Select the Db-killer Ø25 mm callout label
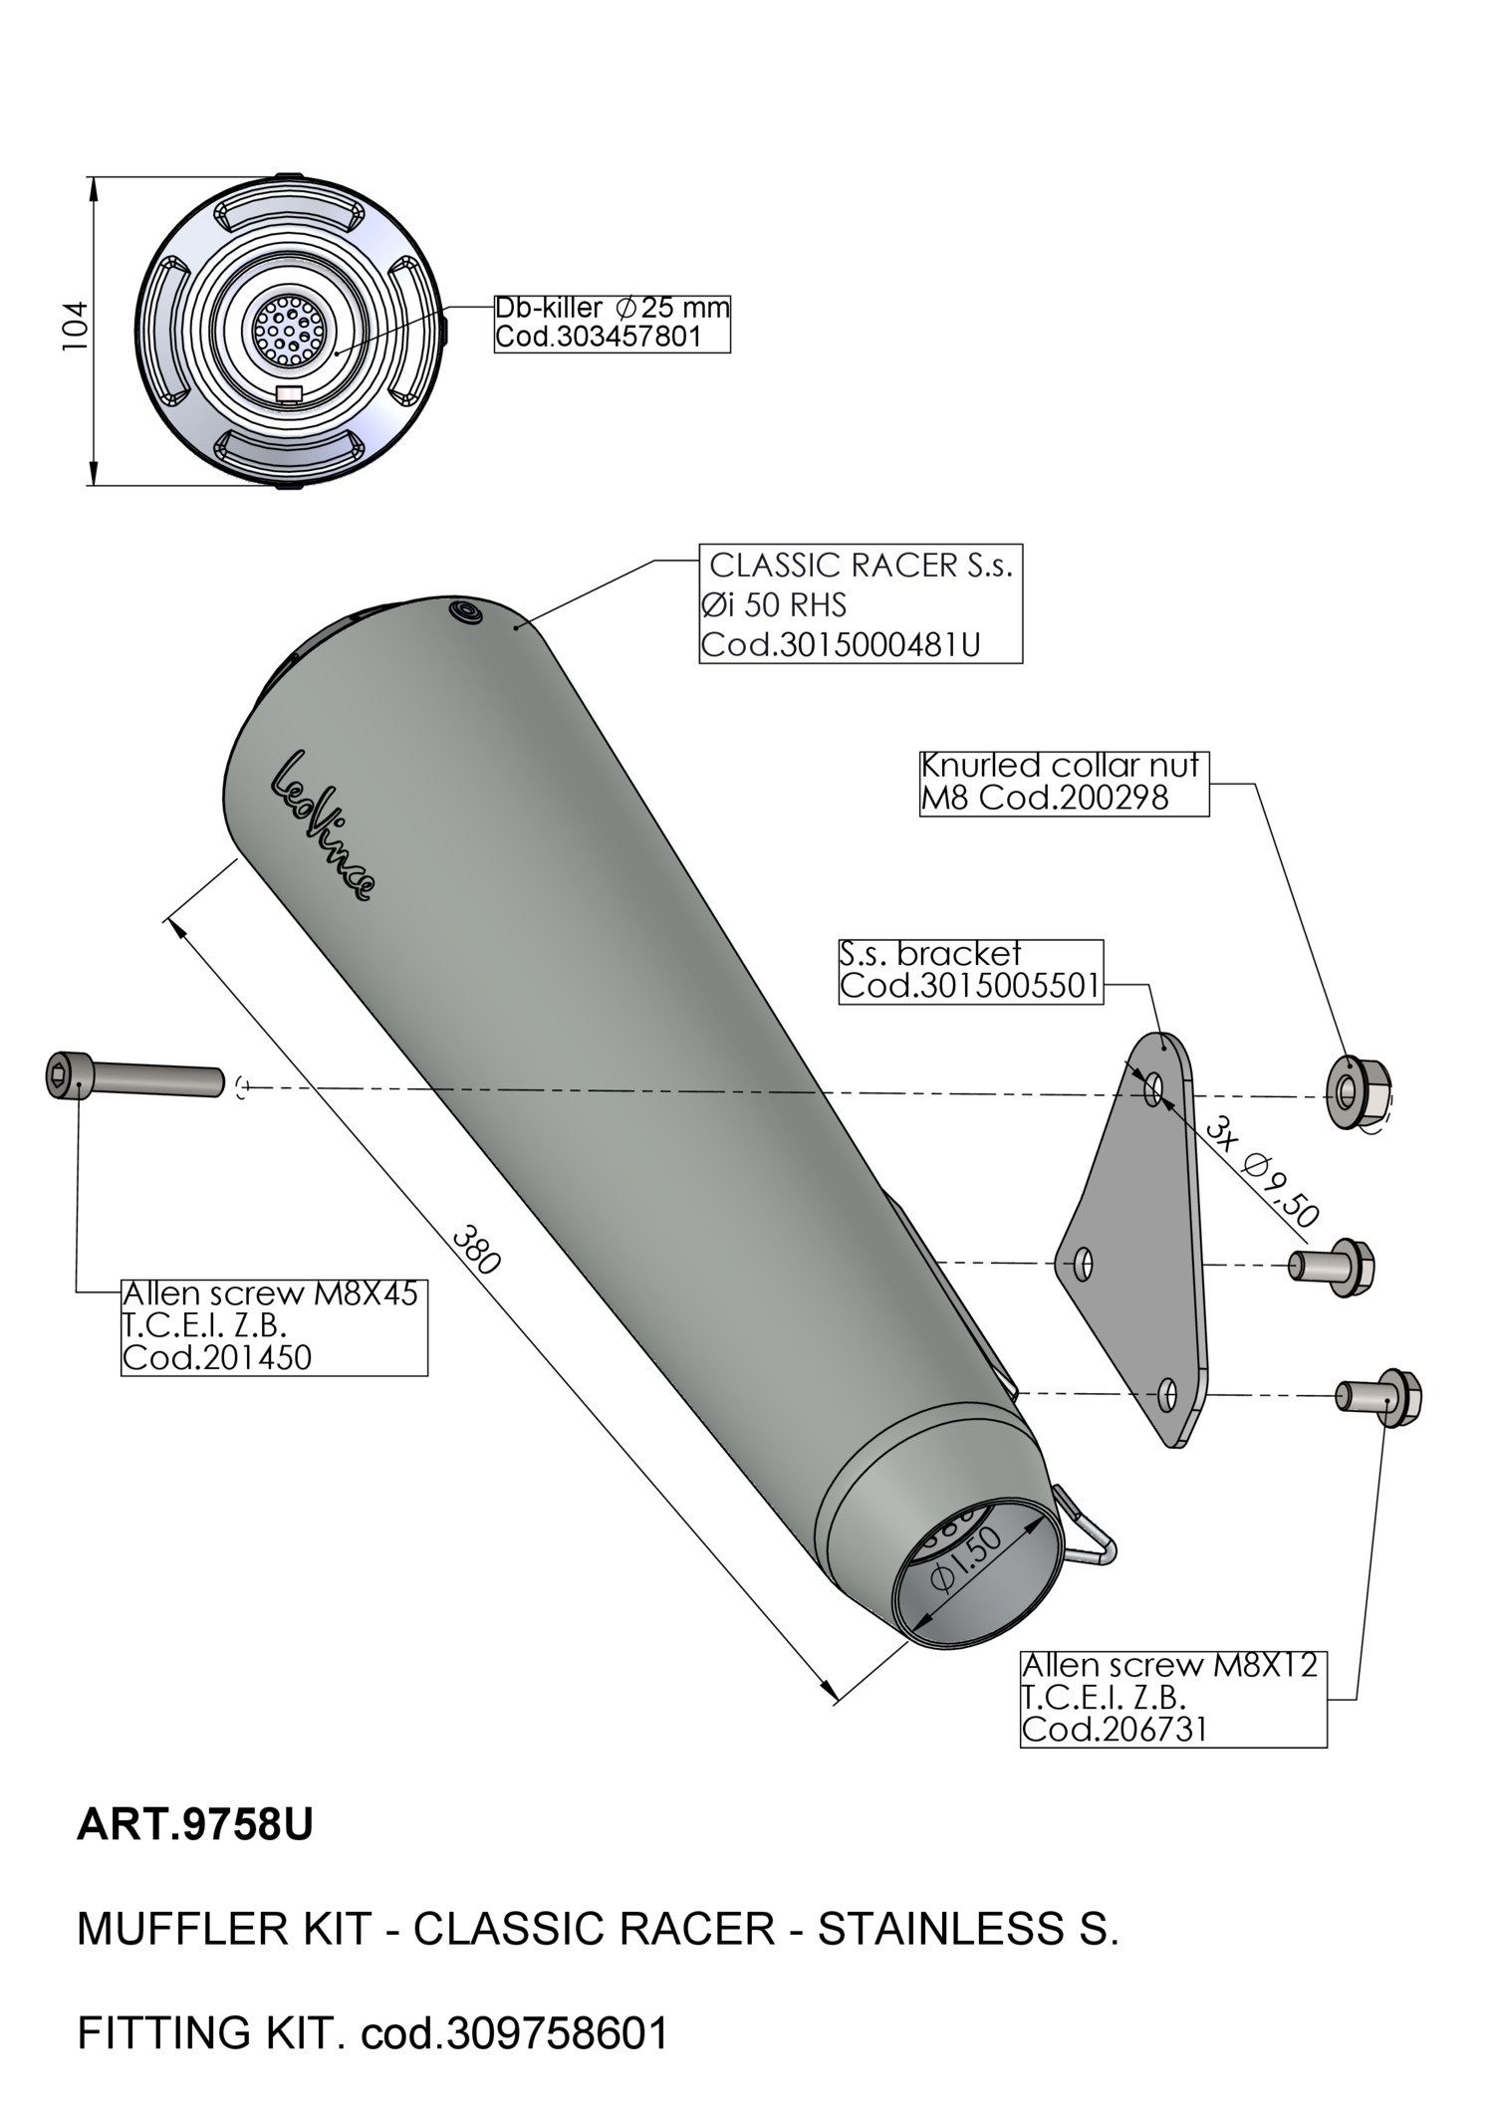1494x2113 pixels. (613, 323)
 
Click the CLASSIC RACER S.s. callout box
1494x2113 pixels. (861, 604)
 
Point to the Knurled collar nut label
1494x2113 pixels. (1063, 783)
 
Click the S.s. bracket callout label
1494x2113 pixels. (971, 971)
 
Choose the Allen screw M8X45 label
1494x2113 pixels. (273, 1326)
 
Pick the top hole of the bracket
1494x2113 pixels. (1154, 1088)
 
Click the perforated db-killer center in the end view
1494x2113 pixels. (288, 328)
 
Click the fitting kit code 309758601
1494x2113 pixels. (558, 2032)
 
